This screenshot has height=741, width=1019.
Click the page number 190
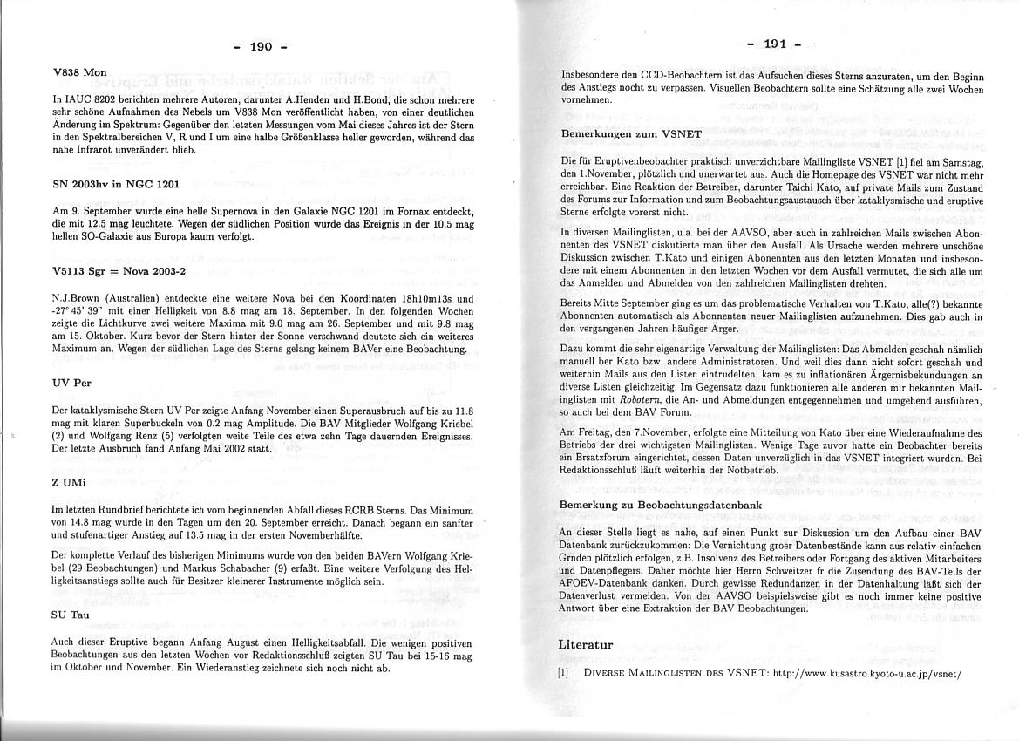(x=262, y=46)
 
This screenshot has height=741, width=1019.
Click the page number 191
(x=776, y=44)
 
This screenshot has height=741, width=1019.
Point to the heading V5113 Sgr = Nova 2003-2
(x=120, y=271)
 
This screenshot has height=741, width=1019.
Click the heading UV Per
(x=71, y=383)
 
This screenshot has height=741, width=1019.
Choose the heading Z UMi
(x=70, y=482)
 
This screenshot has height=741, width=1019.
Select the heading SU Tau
(x=71, y=615)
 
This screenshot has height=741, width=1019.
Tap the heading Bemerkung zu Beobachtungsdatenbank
(x=660, y=505)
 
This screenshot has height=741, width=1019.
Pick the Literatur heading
(x=586, y=644)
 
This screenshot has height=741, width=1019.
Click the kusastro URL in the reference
(x=866, y=673)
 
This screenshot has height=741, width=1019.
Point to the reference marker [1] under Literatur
(x=564, y=673)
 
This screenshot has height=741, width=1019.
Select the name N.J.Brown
(x=78, y=298)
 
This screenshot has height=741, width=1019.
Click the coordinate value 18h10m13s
(x=422, y=298)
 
